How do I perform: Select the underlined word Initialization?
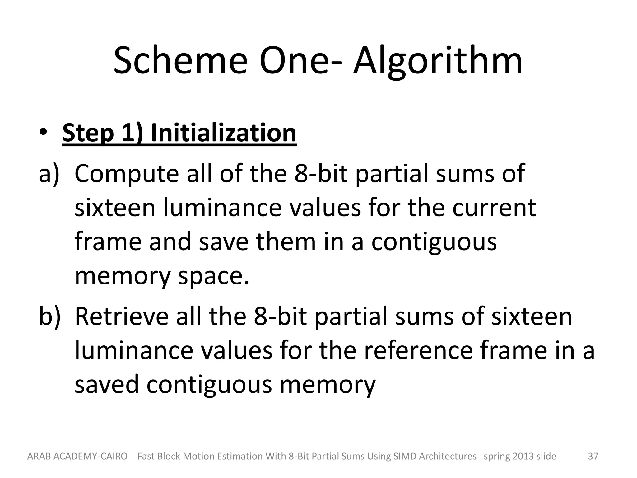click(x=223, y=133)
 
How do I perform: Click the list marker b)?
click(x=49, y=316)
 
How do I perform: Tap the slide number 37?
click(x=593, y=456)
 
